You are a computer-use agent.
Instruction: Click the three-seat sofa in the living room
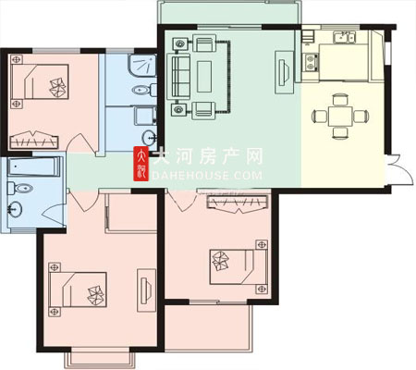click(x=178, y=77)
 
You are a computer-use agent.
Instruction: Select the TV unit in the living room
click(x=284, y=72)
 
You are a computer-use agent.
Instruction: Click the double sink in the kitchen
click(x=344, y=38)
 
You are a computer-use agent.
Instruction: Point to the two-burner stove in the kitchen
click(x=310, y=62)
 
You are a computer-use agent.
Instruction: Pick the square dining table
click(x=340, y=117)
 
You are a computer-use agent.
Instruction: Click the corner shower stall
click(x=142, y=66)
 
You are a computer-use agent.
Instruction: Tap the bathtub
click(x=34, y=166)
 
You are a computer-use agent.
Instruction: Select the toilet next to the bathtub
click(x=19, y=188)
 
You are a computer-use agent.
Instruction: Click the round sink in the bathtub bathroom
click(x=15, y=209)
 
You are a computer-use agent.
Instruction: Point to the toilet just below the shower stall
click(x=144, y=90)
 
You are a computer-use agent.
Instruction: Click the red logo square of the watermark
click(x=141, y=164)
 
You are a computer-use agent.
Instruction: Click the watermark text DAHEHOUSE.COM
click(x=207, y=176)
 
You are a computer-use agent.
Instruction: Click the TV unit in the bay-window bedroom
click(x=146, y=290)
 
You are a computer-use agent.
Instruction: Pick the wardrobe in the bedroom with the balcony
click(x=238, y=203)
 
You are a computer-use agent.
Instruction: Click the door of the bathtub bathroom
click(x=53, y=215)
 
